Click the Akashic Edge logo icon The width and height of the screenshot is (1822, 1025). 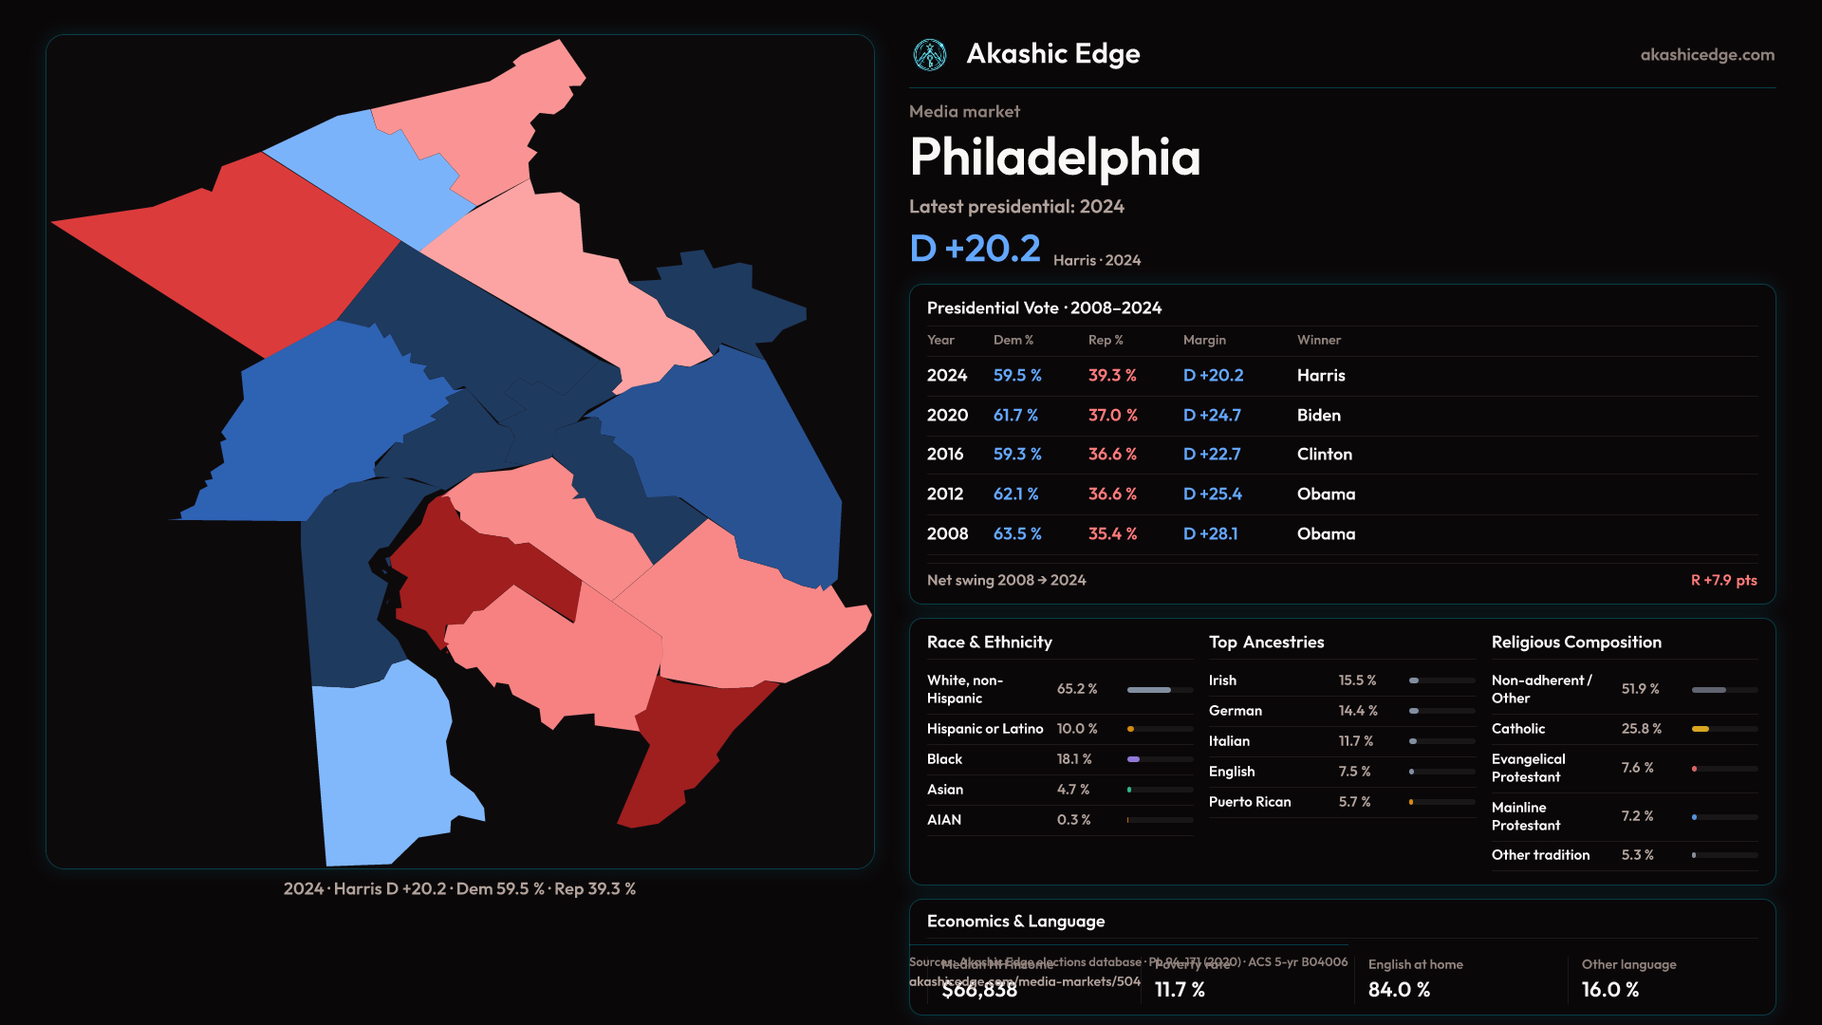click(x=929, y=55)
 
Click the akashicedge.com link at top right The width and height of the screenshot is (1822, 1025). click(x=1707, y=55)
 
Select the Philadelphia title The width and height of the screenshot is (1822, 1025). click(x=1054, y=158)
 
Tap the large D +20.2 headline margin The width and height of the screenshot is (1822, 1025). click(x=975, y=249)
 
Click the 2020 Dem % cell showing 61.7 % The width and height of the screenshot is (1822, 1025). click(x=1015, y=416)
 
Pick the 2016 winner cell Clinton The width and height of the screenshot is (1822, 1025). click(x=1324, y=455)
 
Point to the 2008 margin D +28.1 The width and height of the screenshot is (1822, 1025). click(x=1210, y=534)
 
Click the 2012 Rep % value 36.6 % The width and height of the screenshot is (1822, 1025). click(x=1112, y=494)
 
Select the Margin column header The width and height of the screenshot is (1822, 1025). click(x=1204, y=340)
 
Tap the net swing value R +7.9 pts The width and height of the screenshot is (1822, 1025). click(x=1723, y=580)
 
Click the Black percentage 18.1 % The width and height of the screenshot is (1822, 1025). click(x=1074, y=759)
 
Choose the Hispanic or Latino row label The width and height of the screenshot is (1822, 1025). click(x=984, y=729)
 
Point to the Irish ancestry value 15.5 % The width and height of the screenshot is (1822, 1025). click(x=1357, y=680)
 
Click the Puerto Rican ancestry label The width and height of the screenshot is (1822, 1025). click(x=1249, y=802)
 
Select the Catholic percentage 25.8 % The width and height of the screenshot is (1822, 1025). click(x=1641, y=729)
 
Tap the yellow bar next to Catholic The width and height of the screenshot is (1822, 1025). click(x=1701, y=729)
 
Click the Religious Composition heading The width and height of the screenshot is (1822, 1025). click(x=1576, y=643)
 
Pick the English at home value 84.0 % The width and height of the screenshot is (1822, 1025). click(x=1399, y=990)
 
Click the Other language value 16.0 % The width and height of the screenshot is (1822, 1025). click(x=1609, y=990)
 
